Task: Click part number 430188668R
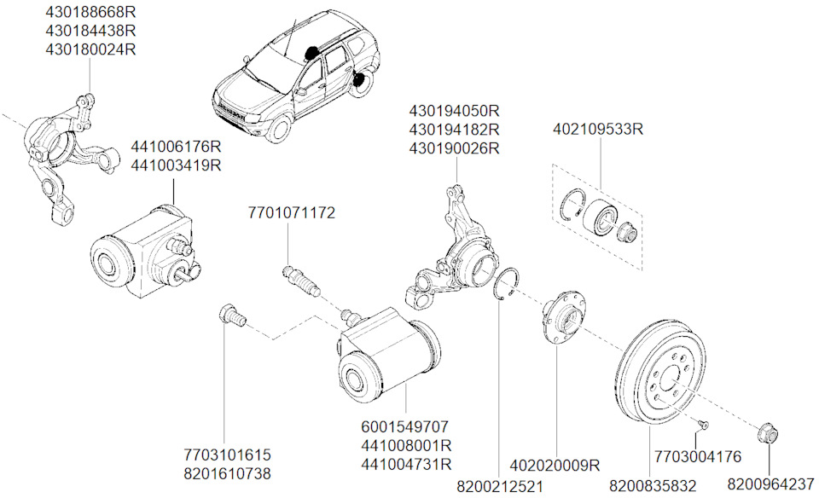pyautogui.click(x=90, y=12)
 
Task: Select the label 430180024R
pyautogui.click(x=90, y=49)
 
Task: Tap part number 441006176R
pyautogui.click(x=176, y=147)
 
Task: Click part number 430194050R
pyautogui.click(x=454, y=112)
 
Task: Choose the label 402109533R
pyautogui.click(x=597, y=130)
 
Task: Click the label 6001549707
pyautogui.click(x=406, y=426)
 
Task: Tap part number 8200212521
pyautogui.click(x=499, y=486)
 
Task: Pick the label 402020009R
pyautogui.click(x=555, y=466)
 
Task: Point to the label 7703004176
pyautogui.click(x=697, y=456)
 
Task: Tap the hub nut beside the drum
pyautogui.click(x=769, y=433)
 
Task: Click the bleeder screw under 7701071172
pyautogui.click(x=300, y=281)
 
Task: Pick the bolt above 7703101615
pyautogui.click(x=230, y=315)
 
